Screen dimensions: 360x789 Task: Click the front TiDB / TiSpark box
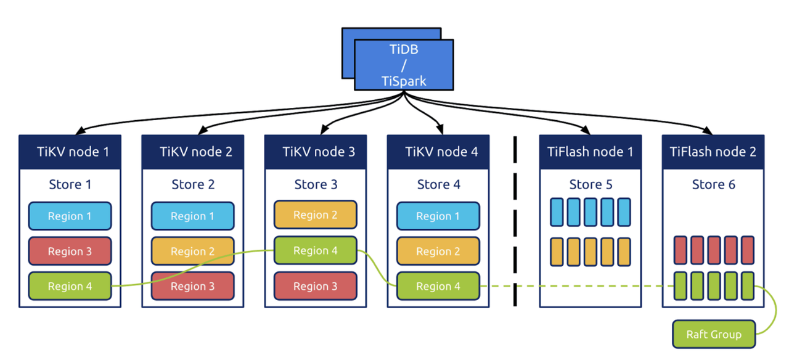404,65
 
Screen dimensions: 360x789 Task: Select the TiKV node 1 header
70,152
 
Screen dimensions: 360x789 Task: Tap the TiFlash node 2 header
713,152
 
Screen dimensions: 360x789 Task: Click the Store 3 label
315,184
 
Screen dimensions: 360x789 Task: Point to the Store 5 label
591,184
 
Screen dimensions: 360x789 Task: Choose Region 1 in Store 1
70,216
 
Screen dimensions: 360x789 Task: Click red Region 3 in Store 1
70,251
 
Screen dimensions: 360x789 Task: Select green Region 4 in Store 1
70,286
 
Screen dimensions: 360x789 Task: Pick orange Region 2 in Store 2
192,251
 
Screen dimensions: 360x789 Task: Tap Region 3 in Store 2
192,286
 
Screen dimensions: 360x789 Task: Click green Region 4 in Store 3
315,250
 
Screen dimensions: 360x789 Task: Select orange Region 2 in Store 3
315,215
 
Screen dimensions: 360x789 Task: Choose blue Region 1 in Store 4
438,216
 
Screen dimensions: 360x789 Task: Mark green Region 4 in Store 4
438,286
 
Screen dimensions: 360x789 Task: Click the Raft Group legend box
713,335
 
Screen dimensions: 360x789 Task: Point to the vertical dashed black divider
515,222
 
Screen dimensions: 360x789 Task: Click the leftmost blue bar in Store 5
557,212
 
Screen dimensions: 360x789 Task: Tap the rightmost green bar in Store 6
748,285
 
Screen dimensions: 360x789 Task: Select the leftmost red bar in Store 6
680,250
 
